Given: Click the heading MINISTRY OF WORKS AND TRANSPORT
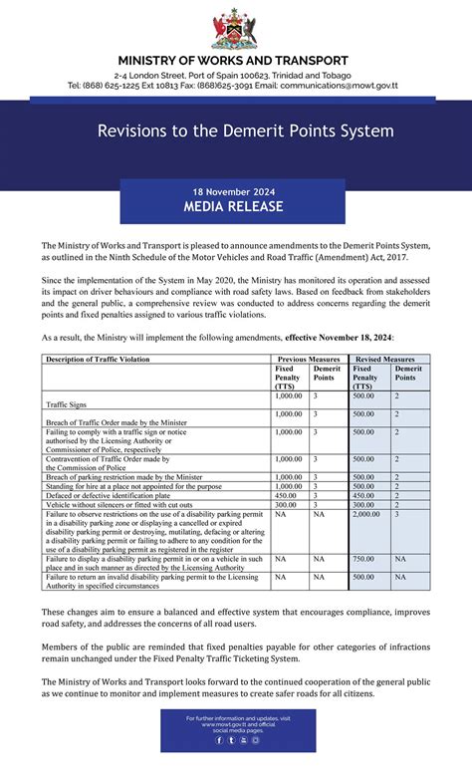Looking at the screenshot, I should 233,61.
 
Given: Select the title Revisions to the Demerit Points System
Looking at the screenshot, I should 245,131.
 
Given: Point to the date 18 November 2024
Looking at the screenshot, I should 233,190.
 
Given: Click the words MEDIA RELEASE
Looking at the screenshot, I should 233,206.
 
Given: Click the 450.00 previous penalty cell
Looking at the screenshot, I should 286,495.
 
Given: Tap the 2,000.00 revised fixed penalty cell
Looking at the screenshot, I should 366,514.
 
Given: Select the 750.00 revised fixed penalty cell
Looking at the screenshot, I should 363,559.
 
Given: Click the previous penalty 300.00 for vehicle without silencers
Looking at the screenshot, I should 286,504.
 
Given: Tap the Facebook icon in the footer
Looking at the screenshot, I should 218,740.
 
